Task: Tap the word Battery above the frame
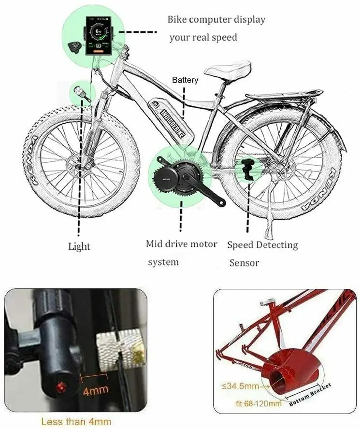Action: click(x=185, y=80)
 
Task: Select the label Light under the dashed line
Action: click(x=79, y=246)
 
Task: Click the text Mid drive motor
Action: click(x=182, y=244)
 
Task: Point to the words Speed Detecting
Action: click(x=262, y=245)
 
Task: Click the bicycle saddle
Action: click(x=227, y=69)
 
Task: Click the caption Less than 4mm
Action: click(x=76, y=421)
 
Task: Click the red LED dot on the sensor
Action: click(x=61, y=386)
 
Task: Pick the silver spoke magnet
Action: click(x=121, y=346)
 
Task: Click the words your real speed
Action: click(x=203, y=38)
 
